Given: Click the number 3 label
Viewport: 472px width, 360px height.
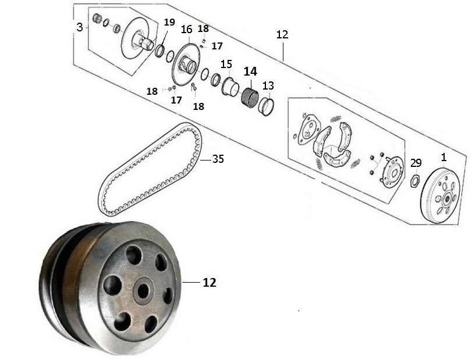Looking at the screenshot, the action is point(80,27).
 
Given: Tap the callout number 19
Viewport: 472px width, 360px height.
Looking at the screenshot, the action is point(169,22).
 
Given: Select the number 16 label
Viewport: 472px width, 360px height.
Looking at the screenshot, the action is point(186,30).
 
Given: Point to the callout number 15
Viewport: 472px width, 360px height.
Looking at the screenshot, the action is point(226,64).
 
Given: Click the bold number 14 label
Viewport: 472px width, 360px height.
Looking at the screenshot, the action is point(250,72).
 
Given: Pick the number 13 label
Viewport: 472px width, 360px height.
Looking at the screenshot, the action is point(268,85).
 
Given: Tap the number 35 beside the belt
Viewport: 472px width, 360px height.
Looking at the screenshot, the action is point(218,159).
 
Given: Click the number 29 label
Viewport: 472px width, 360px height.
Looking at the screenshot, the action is point(416,163).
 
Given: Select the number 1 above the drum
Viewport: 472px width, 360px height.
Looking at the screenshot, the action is point(443,157).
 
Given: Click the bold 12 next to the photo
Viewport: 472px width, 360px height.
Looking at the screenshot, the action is point(210,283).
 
